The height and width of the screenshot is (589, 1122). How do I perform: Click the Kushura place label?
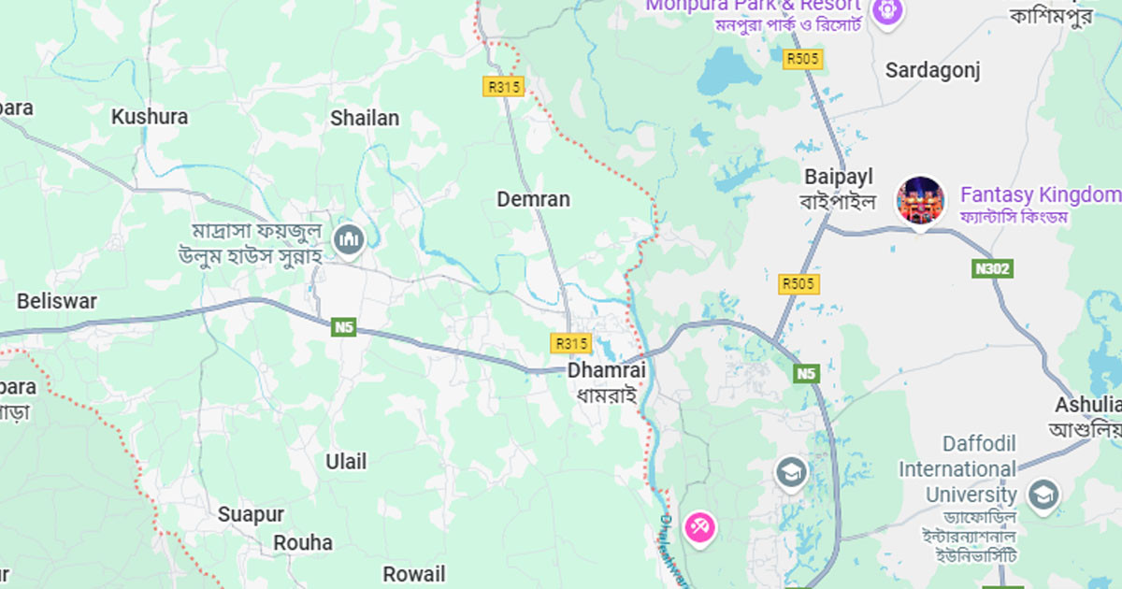tap(150, 117)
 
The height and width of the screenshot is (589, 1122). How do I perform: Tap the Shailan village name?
tap(365, 118)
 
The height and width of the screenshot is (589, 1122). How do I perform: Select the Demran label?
tap(533, 199)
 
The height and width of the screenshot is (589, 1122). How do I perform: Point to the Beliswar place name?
tap(57, 301)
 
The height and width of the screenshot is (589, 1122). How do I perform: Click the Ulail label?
tap(346, 461)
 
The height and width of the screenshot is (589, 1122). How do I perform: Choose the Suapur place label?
tap(251, 514)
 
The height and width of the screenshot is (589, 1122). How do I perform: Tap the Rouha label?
tap(303, 542)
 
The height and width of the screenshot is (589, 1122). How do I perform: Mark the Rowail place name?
tap(414, 573)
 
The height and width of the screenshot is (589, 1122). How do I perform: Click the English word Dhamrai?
tap(607, 370)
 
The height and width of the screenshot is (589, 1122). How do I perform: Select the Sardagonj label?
tap(933, 70)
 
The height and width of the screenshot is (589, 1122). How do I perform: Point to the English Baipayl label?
tap(839, 177)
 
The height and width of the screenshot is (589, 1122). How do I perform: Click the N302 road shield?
tap(991, 269)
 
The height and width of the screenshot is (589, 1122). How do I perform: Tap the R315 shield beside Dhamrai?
tap(571, 343)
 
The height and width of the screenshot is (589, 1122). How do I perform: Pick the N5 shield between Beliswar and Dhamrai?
tap(344, 327)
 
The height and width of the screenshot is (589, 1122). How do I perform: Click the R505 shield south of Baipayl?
tap(799, 283)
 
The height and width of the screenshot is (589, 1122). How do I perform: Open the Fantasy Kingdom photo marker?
tap(920, 200)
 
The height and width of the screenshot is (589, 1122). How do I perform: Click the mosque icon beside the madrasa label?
tap(350, 239)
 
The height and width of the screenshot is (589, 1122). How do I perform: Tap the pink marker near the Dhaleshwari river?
tap(699, 527)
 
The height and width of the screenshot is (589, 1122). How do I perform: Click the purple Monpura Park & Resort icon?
tap(886, 11)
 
